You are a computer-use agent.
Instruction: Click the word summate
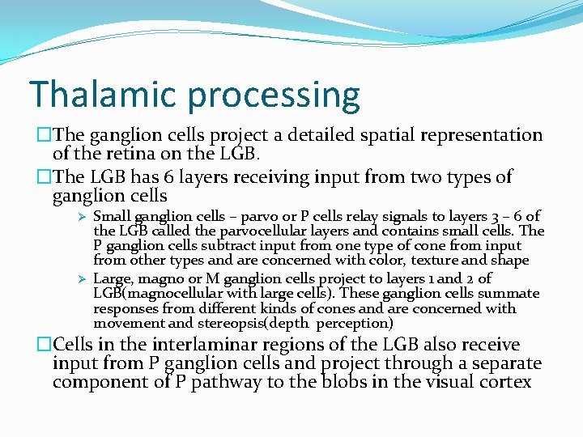(509, 294)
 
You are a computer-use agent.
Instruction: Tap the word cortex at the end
(507, 381)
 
